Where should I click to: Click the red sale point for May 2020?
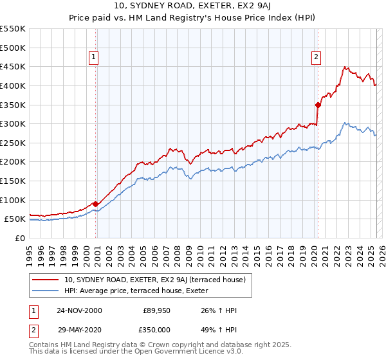pos(318,104)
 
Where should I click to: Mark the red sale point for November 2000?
pos(96,204)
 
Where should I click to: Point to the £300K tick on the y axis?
pos(14,123)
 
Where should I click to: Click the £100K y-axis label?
pos(14,200)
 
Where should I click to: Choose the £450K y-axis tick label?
pos(14,66)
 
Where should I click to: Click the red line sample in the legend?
pos(45,280)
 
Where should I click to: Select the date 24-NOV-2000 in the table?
pos(79,310)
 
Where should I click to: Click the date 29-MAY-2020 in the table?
pos(79,330)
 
